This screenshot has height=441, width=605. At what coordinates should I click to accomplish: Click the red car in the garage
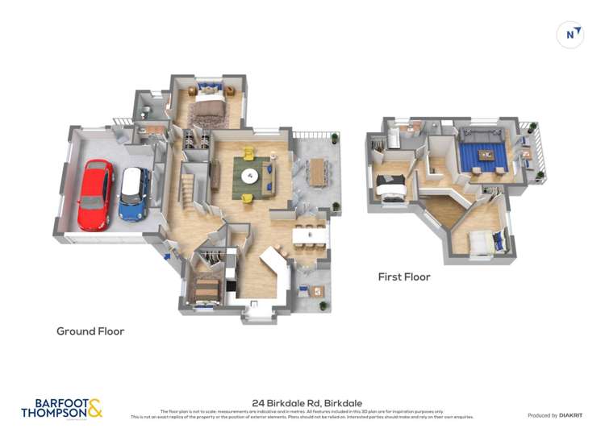95,195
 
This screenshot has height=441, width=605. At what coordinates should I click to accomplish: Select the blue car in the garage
133,194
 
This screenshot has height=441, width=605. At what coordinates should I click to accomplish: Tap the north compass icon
570,34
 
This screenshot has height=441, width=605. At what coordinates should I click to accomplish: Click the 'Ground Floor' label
90,331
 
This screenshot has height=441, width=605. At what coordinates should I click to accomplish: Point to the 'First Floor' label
404,277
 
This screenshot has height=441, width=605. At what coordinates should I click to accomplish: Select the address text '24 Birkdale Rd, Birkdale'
307,402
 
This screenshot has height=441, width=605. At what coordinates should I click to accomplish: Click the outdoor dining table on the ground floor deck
317,170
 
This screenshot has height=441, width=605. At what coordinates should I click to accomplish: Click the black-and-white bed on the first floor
394,187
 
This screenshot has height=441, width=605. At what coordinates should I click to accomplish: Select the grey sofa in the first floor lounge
482,134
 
